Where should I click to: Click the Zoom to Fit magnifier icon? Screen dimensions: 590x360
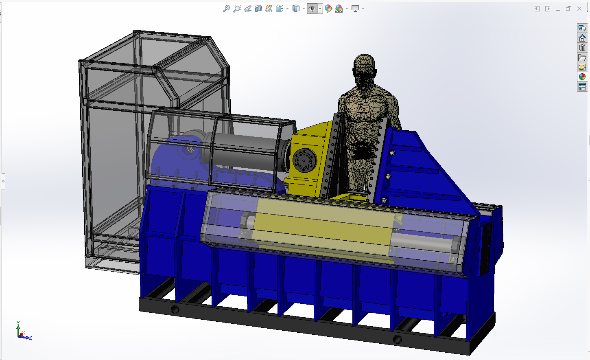pos(226,9)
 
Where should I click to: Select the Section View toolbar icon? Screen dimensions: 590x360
pos(258,9)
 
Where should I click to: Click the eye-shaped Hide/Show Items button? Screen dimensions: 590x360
pos(312,9)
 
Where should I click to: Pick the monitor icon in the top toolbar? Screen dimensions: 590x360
pos(355,9)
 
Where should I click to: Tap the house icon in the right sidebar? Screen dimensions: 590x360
pos(582,38)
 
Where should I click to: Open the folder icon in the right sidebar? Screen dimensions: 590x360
pos(582,57)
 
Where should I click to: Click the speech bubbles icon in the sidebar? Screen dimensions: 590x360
pos(582,28)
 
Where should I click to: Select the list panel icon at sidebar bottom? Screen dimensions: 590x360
pos(582,87)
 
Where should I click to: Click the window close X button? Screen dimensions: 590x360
pos(579,9)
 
